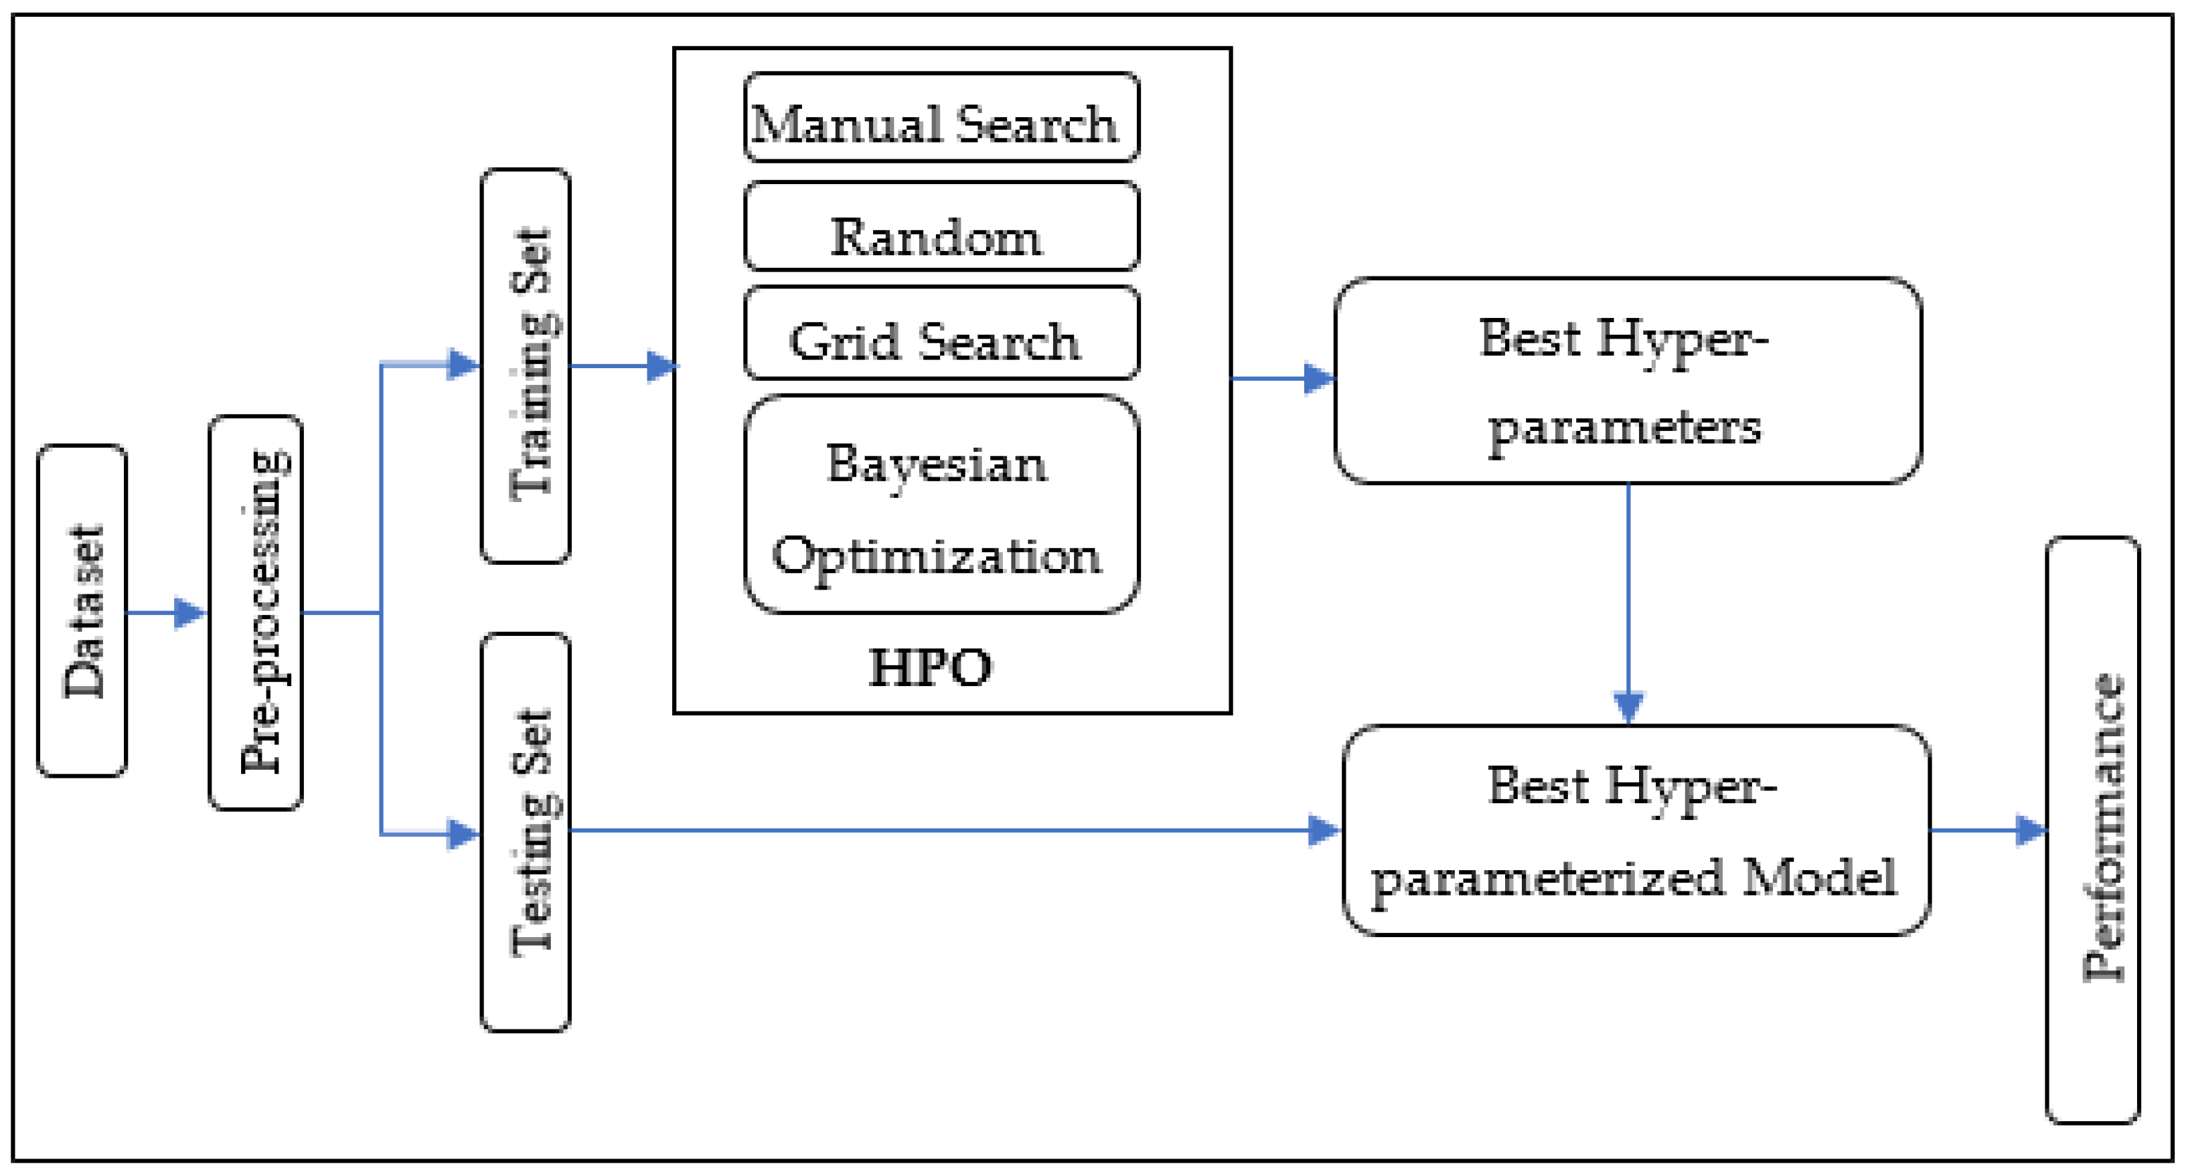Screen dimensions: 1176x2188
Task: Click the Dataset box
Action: tap(82, 610)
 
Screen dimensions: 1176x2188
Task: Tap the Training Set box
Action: tap(526, 365)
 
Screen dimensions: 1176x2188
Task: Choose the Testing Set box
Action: tap(526, 832)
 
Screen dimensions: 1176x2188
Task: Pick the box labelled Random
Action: tap(941, 227)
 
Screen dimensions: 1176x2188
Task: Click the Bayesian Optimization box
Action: tap(941, 505)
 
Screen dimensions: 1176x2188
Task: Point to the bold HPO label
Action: tap(930, 667)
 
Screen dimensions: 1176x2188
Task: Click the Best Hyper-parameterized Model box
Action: tap(1636, 831)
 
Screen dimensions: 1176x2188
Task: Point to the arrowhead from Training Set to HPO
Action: tap(663, 366)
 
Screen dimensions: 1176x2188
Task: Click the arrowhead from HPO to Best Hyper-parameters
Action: tap(1319, 379)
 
